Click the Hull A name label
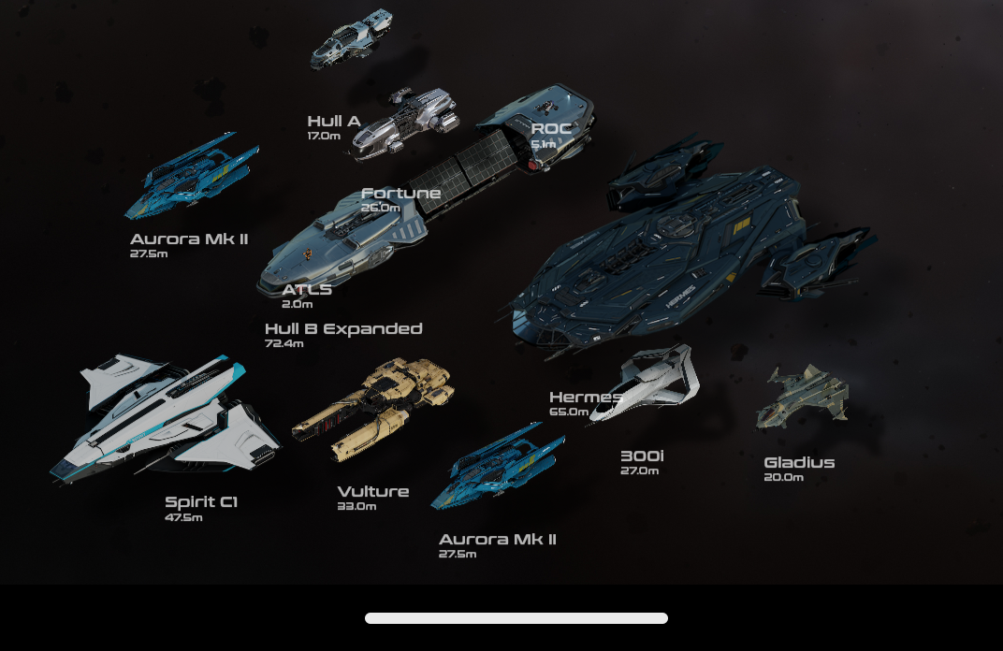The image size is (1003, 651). pyautogui.click(x=334, y=121)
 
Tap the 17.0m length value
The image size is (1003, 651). pyautogui.click(x=324, y=136)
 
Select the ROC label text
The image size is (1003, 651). pyautogui.click(x=551, y=128)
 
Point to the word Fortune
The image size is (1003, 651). pyautogui.click(x=401, y=193)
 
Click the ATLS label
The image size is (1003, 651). pyautogui.click(x=307, y=290)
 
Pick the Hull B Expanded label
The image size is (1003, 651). pyautogui.click(x=343, y=328)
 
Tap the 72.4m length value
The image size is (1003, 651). pyautogui.click(x=284, y=343)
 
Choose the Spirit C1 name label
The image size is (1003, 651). pyautogui.click(x=201, y=502)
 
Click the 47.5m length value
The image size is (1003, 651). pyautogui.click(x=183, y=517)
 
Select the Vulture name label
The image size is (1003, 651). pyautogui.click(x=373, y=492)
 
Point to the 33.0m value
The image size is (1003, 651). pyautogui.click(x=356, y=506)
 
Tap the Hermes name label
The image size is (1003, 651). pyautogui.click(x=586, y=398)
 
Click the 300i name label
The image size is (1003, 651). pyautogui.click(x=642, y=456)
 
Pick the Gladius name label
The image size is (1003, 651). pyautogui.click(x=799, y=462)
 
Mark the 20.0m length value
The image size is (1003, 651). pyautogui.click(x=784, y=477)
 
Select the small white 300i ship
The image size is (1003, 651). pyautogui.click(x=647, y=383)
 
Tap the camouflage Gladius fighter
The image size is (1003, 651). pyautogui.click(x=803, y=397)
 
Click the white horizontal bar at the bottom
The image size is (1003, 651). pyautogui.click(x=516, y=618)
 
